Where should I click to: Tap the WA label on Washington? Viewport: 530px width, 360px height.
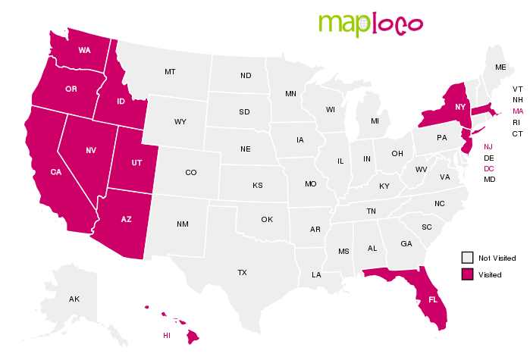[x=85, y=50]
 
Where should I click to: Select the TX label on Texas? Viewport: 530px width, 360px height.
[x=242, y=272]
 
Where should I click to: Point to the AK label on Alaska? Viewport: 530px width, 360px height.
[x=74, y=299]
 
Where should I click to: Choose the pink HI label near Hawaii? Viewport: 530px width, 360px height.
[x=167, y=335]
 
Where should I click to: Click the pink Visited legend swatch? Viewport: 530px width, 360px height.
[x=468, y=274]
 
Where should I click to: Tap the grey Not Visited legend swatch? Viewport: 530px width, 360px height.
[x=468, y=258]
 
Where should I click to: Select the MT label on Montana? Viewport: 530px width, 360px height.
[x=170, y=72]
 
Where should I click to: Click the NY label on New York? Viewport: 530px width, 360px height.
[x=460, y=108]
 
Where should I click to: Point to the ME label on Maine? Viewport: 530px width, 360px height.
[x=500, y=67]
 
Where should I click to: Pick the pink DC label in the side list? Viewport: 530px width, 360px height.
[x=489, y=168]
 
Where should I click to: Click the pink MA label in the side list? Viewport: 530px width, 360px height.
[x=518, y=111]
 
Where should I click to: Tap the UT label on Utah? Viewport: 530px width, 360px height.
[x=136, y=162]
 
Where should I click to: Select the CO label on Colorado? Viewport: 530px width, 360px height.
[x=190, y=172]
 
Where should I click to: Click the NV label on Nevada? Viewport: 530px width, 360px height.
[x=91, y=150]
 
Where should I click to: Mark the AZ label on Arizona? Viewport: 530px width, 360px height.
[x=127, y=219]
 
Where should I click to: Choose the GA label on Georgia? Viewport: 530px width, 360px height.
[x=406, y=244]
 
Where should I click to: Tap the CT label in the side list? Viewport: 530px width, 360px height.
[x=518, y=133]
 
